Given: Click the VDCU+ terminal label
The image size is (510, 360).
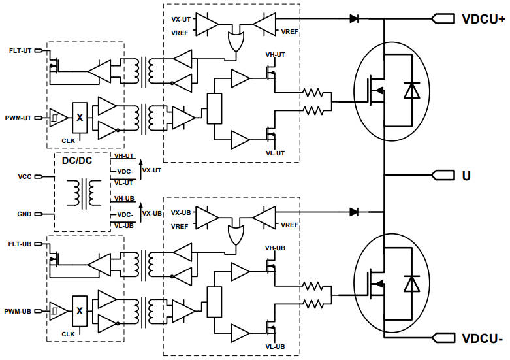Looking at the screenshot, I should [x=483, y=19].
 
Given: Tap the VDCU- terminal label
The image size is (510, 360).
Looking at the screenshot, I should [x=482, y=338].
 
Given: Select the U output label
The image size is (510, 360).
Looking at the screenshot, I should [x=466, y=176].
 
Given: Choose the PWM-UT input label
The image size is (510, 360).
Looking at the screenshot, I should [x=20, y=118].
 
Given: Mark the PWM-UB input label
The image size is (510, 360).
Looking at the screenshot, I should [x=20, y=312].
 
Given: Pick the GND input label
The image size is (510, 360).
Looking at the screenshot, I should [x=25, y=214].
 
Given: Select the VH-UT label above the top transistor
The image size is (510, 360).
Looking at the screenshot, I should [x=276, y=55].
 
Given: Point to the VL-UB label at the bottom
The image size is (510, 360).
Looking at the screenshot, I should [x=276, y=346].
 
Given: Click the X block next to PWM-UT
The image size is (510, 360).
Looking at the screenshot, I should [x=80, y=118].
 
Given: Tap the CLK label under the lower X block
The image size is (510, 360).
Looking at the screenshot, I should [x=69, y=334].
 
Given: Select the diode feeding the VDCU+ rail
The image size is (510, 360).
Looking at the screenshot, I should [x=354, y=19].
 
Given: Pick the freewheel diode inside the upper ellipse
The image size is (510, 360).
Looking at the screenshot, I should [x=411, y=91].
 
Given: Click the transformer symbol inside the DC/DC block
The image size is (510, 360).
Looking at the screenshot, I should [x=82, y=192].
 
